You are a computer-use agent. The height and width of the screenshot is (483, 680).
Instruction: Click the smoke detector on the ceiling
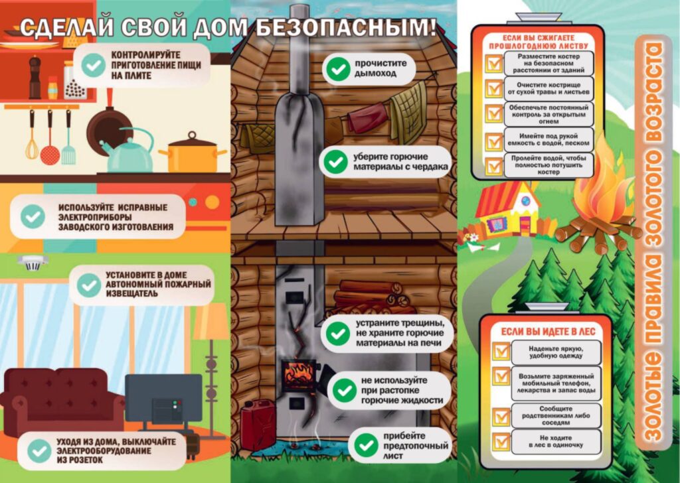33,262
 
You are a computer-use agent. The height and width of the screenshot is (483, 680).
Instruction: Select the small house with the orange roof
508,208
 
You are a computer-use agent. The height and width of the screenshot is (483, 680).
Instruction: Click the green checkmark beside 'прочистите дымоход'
338,68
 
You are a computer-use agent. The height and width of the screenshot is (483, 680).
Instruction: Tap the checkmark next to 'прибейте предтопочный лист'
366,445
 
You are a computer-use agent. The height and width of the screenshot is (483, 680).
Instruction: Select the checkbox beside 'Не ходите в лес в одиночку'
501,441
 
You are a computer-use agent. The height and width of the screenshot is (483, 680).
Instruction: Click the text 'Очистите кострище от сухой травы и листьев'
549,88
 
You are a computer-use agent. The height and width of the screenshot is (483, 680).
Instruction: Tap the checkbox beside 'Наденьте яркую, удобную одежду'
501,352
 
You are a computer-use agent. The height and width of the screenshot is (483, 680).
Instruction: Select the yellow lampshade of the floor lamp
211,321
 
